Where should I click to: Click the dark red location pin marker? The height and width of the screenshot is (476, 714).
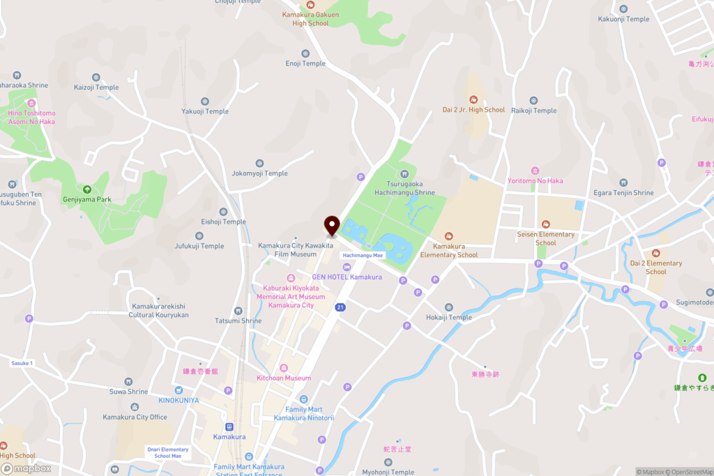pos(331,226)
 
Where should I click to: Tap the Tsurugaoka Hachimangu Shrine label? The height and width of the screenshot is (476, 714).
pos(404,188)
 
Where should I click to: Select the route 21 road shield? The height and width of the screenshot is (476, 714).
pos(340,307)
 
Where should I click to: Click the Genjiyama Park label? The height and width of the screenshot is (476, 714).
pos(87,199)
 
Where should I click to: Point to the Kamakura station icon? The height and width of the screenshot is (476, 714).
pos(229,427)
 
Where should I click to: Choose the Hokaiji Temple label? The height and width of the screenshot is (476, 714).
pos(449,317)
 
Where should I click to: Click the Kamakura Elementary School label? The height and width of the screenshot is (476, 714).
pos(449,250)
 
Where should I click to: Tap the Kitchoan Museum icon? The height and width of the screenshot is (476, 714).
pos(283,367)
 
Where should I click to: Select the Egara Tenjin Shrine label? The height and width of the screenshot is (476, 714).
pos(624,192)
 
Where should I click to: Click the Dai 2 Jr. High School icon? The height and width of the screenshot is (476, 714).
pos(474,99)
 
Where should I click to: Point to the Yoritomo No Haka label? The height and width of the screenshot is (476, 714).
pos(535,181)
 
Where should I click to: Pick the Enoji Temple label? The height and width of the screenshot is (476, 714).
pos(305,63)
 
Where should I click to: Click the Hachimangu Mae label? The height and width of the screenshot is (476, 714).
pos(363,256)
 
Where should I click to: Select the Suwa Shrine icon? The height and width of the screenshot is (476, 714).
pos(128,381)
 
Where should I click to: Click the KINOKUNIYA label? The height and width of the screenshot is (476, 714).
pos(178,400)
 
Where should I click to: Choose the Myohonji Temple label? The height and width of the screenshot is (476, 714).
pos(389,472)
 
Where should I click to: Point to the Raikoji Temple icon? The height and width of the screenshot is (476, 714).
pos(533,100)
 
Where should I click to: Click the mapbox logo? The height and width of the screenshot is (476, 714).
pos(26,468)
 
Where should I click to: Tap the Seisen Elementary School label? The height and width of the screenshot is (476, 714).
pos(546,238)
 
